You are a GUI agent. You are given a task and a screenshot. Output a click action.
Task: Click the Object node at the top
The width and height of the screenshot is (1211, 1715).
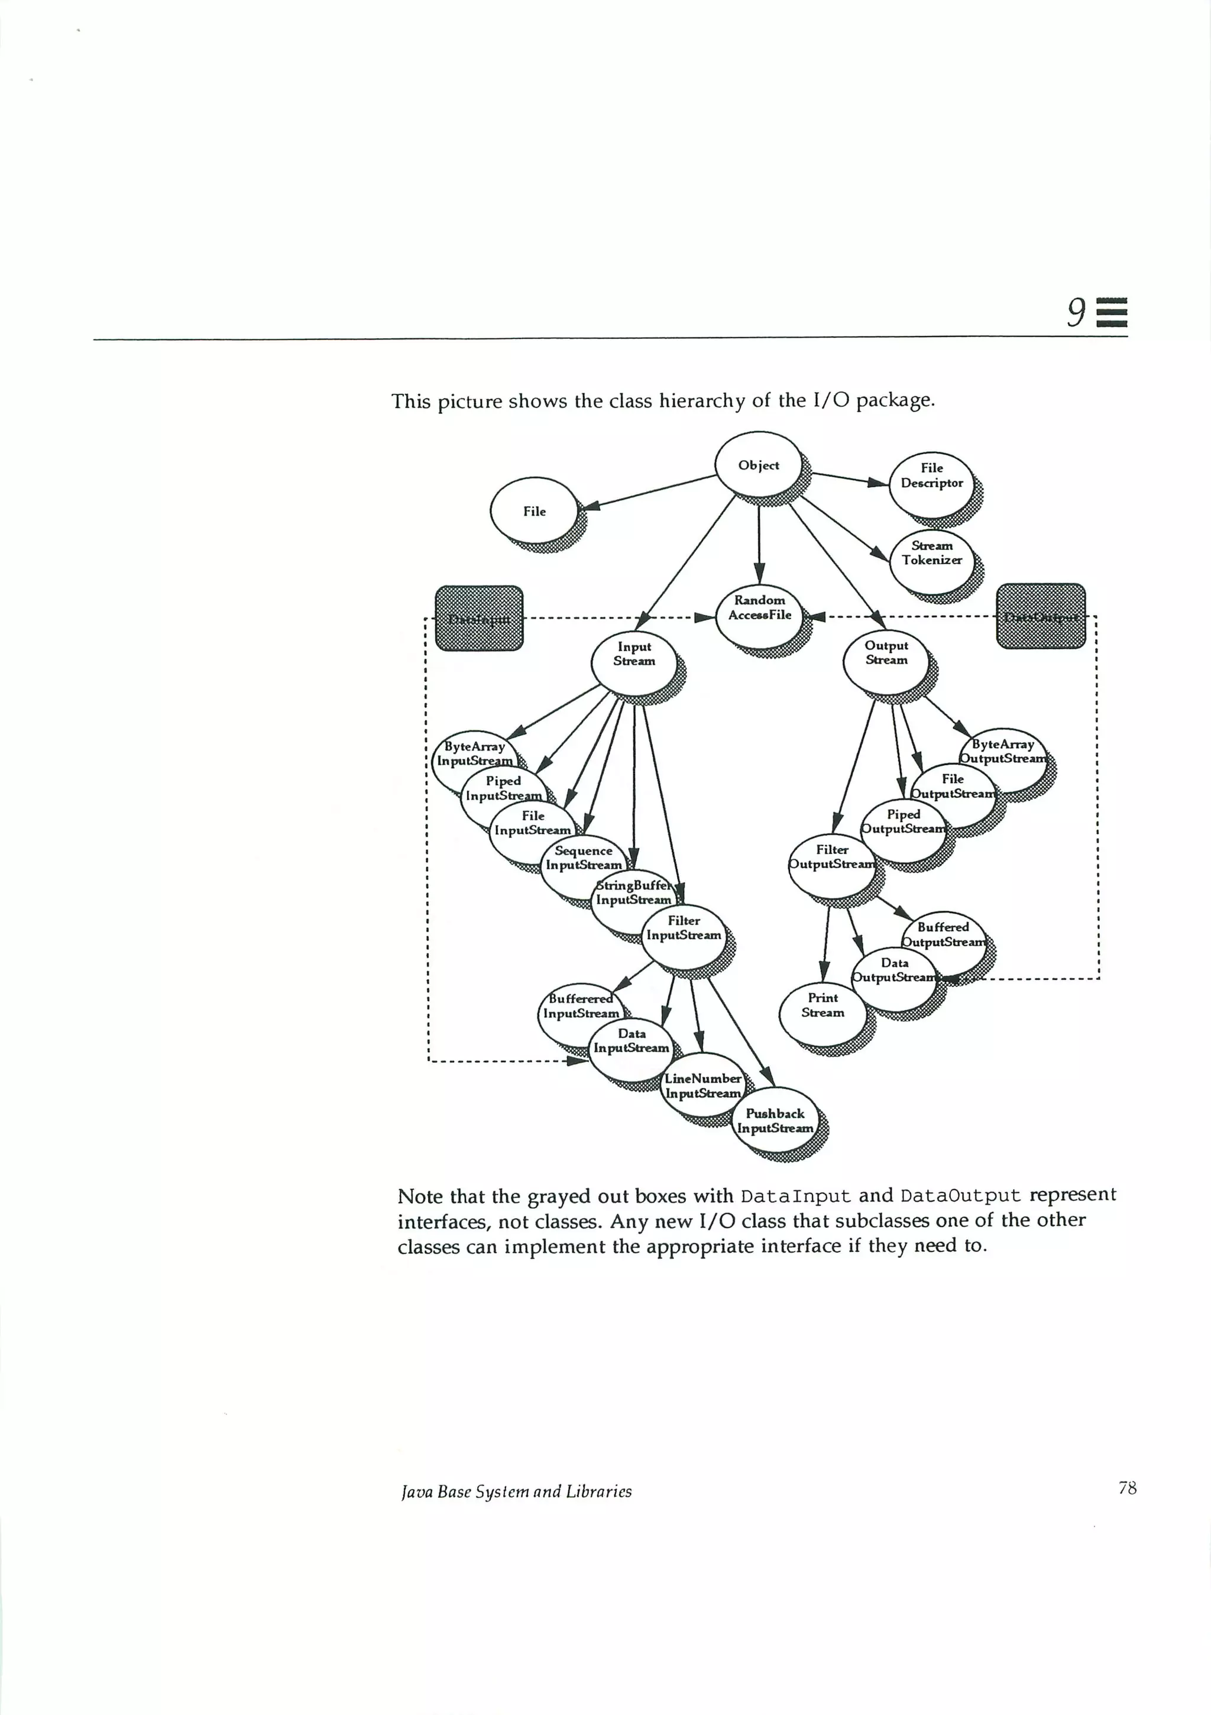[x=758, y=465]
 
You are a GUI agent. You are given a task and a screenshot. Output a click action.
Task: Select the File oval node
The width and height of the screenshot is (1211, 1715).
[x=534, y=511]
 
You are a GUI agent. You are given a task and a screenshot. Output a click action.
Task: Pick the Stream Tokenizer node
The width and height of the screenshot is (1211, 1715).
[x=931, y=554]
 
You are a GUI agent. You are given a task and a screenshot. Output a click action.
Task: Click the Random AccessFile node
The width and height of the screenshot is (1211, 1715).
[x=759, y=607]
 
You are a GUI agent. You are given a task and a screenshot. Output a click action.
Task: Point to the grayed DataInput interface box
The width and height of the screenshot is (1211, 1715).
[x=479, y=619]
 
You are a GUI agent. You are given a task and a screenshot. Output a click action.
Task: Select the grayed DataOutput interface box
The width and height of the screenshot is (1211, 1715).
[x=1041, y=616]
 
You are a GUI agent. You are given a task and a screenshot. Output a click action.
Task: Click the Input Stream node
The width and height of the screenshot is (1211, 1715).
[x=633, y=653]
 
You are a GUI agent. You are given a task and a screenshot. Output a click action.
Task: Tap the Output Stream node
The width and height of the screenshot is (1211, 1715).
[x=886, y=653]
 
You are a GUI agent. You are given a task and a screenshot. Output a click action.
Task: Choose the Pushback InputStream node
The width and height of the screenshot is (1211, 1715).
[x=775, y=1121]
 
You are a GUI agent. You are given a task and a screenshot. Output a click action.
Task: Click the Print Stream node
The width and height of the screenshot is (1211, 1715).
[x=823, y=1005]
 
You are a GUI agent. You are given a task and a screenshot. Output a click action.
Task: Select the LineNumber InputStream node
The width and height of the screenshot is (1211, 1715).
[x=702, y=1086]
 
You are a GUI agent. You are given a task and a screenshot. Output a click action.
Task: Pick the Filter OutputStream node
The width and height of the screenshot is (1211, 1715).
[x=831, y=857]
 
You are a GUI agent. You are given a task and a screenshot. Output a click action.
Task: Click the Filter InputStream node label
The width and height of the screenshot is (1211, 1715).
[x=684, y=928]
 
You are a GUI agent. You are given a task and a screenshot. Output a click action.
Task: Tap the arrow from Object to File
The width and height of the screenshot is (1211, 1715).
[x=650, y=491]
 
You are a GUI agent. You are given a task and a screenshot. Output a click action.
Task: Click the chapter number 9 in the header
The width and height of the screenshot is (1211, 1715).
[x=1076, y=312]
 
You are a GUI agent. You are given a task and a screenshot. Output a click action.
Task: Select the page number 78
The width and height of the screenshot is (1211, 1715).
[x=1127, y=1488]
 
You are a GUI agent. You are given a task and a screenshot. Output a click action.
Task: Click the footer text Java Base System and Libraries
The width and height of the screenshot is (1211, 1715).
[x=516, y=1491]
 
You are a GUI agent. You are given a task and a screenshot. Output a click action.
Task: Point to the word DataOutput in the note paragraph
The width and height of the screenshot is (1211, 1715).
[x=960, y=1196]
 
